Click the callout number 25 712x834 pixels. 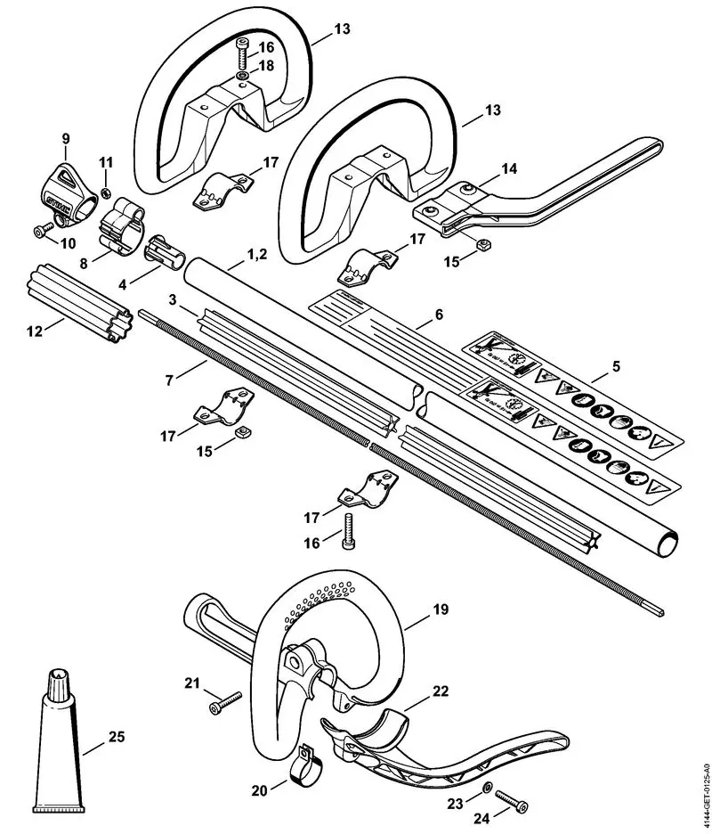pos(117,737)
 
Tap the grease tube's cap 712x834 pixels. pos(61,683)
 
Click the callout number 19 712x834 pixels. pos(442,610)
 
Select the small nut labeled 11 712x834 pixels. pos(104,193)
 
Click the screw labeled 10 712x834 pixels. pos(39,231)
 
